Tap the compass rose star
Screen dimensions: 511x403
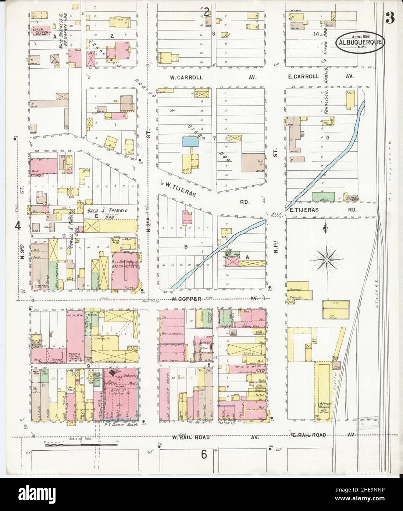[326, 260]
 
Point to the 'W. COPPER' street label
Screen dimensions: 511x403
[185, 299]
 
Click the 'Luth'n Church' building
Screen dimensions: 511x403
[38, 32]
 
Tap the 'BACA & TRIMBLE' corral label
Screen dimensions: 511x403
[107, 211]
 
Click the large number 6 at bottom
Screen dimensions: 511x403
[203, 454]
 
